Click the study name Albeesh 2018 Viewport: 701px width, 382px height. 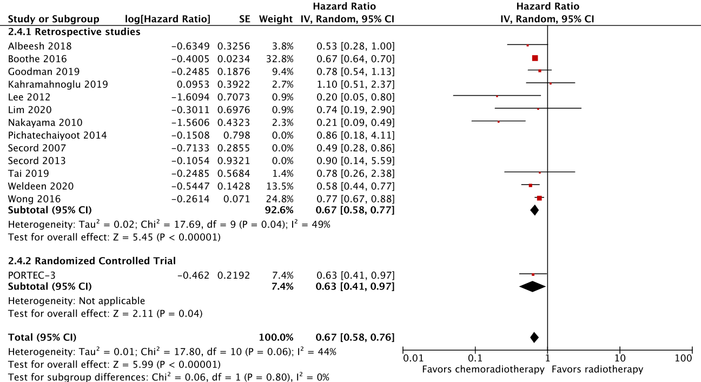(39, 46)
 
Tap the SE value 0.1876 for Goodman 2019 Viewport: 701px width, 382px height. (234, 71)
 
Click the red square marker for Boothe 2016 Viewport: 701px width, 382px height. (535, 58)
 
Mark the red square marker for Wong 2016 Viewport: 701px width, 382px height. (539, 199)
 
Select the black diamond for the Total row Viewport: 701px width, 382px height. (534, 338)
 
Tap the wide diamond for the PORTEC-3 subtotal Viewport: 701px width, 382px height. (532, 287)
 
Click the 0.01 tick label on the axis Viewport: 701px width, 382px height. (414, 358)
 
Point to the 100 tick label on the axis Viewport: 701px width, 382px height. (684, 358)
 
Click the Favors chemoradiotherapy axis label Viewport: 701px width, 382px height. (483, 370)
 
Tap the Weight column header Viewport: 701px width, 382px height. (276, 19)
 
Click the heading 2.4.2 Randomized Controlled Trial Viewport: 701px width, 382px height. (92, 261)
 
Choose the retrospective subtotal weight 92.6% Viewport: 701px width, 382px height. (280, 210)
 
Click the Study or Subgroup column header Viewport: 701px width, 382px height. (54, 19)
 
